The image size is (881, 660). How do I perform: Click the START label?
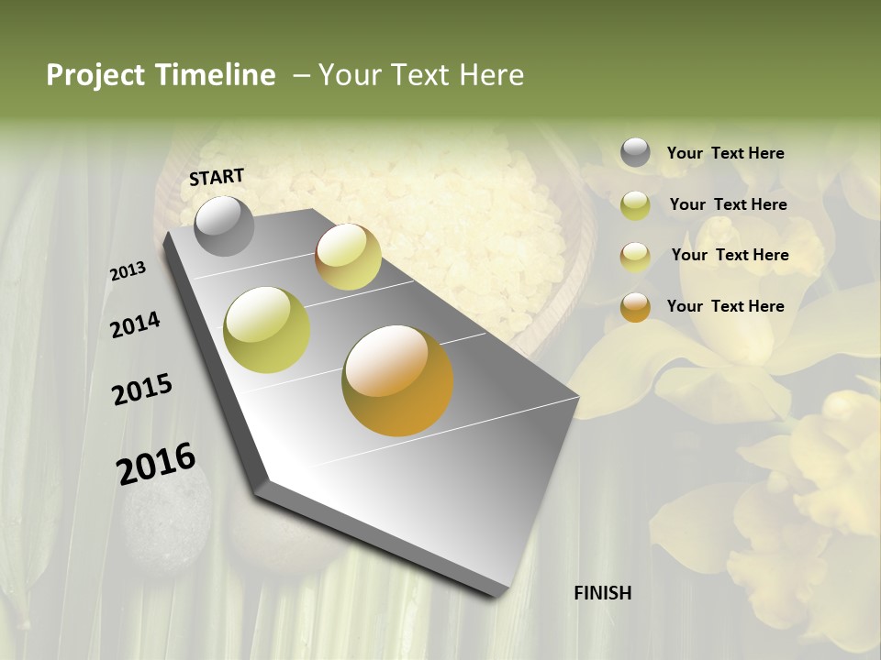(x=217, y=176)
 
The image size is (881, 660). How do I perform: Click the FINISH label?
(x=602, y=593)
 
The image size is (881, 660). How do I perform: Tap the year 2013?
(x=128, y=271)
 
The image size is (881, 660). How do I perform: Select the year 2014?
(x=135, y=324)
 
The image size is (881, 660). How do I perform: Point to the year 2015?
(x=142, y=390)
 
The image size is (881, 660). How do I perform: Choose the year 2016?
(x=156, y=464)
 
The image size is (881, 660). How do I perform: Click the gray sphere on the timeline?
(x=224, y=225)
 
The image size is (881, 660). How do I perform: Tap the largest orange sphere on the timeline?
(x=397, y=380)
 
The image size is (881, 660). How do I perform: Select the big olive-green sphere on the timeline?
(x=267, y=330)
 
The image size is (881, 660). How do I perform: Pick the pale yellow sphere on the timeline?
(x=348, y=257)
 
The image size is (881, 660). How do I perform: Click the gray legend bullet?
(x=635, y=153)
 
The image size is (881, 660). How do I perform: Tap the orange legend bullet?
(x=635, y=306)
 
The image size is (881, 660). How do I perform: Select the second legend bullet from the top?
(x=635, y=204)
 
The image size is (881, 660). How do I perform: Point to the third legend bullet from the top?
(x=635, y=256)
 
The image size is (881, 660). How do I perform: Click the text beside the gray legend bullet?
(x=725, y=153)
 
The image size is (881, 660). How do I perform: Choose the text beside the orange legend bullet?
(x=725, y=306)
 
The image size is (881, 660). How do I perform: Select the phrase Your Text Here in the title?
(x=421, y=75)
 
